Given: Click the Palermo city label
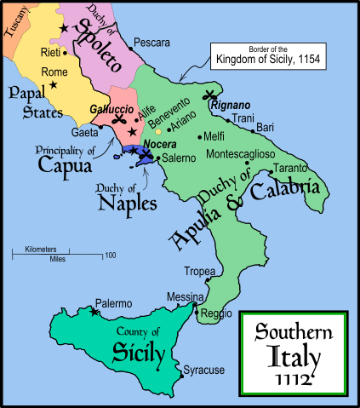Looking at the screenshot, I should click(112, 303).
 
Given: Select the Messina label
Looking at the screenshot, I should click(186, 296).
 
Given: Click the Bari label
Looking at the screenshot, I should click(265, 126).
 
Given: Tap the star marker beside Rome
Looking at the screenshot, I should click(53, 85).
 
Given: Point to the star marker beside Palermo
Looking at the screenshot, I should click(93, 313).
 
